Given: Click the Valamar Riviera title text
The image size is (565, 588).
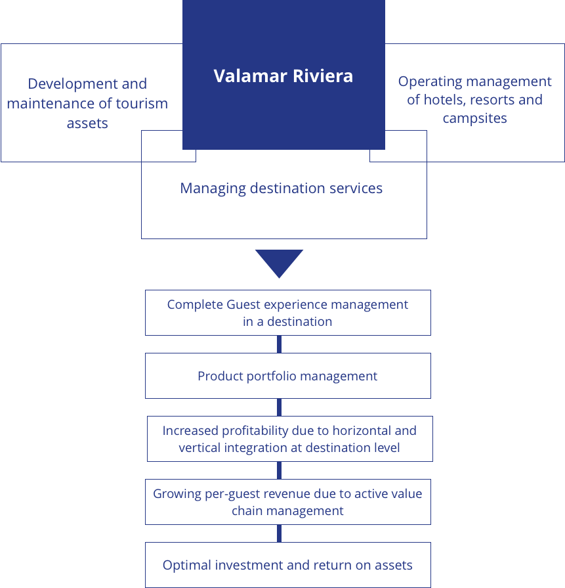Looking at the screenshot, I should [283, 76].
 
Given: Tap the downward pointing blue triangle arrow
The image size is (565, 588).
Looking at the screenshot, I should [279, 262].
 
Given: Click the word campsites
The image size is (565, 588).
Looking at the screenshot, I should [474, 119].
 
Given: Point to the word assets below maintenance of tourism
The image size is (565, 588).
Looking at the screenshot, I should [87, 124].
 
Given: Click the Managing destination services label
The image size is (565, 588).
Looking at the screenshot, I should [281, 189].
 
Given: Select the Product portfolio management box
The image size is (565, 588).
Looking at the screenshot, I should [287, 376].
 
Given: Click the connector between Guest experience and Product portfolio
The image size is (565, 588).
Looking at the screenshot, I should [279, 344].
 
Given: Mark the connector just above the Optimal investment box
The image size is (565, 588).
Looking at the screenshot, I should [279, 533].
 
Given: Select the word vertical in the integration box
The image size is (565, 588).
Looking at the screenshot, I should [201, 448].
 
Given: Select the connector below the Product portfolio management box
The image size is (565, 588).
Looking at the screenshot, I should [279, 407].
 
